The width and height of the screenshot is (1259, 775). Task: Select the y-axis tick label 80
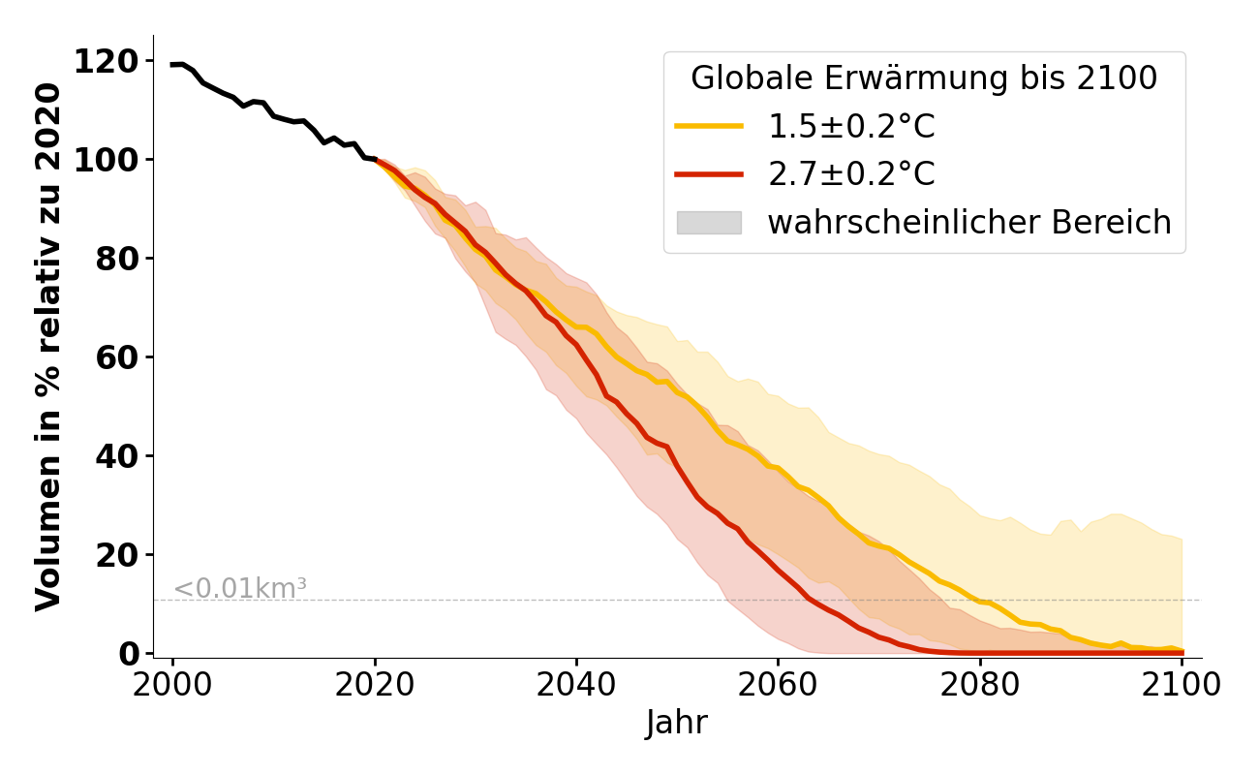tap(116, 259)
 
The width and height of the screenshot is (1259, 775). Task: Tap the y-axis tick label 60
tap(116, 357)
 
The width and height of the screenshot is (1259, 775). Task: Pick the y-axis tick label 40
tap(116, 456)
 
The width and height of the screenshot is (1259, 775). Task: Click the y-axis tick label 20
tap(116, 555)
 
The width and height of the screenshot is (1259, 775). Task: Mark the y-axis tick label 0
tap(128, 654)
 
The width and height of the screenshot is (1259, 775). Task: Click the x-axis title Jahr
tap(676, 724)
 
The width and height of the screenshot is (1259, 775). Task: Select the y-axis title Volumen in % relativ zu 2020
tap(48, 347)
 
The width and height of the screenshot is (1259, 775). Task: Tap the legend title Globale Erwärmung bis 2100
tap(924, 78)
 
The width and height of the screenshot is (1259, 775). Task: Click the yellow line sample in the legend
tap(708, 126)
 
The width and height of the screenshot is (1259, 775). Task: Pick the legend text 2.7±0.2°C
tap(851, 174)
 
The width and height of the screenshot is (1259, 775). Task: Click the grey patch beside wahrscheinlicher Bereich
tap(708, 223)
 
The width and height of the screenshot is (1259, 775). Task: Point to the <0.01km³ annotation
tap(239, 588)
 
